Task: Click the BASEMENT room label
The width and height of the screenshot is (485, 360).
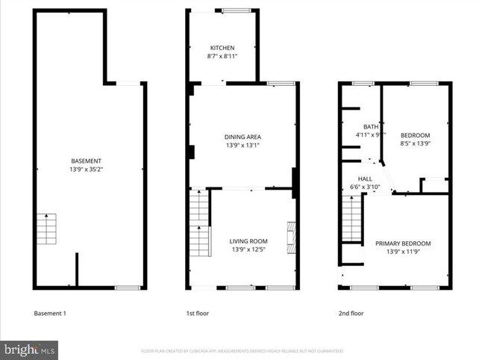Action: click(86, 161)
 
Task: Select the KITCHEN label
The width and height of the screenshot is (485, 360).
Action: click(222, 46)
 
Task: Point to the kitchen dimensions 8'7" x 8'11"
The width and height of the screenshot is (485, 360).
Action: click(222, 55)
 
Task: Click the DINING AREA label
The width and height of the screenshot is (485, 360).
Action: click(242, 137)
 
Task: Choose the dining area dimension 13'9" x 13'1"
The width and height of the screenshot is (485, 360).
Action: click(242, 146)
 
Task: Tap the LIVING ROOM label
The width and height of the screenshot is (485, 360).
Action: click(248, 240)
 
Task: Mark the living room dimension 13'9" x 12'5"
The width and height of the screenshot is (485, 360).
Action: click(248, 249)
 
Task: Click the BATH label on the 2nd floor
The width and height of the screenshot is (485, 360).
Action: click(371, 127)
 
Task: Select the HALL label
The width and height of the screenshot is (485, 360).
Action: click(365, 179)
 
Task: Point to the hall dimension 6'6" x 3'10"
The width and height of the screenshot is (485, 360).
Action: click(365, 187)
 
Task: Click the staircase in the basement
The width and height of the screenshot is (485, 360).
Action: click(46, 229)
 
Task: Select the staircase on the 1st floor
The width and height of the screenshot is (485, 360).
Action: click(199, 223)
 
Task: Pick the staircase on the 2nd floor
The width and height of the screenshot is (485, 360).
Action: click(351, 218)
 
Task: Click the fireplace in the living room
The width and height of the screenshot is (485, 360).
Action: click(292, 238)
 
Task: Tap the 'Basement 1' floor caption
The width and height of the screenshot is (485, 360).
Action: click(50, 314)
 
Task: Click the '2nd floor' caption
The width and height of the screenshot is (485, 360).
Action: click(351, 314)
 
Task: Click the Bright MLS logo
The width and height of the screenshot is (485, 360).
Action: click(29, 350)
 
